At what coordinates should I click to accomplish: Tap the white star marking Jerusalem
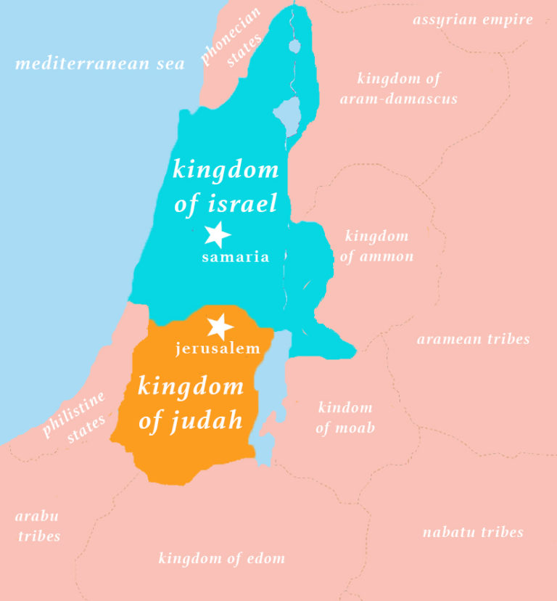[219, 327]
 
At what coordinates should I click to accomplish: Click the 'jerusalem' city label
[218, 349]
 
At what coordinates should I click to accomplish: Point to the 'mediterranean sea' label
[100, 64]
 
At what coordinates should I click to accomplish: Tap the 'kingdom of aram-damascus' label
[398, 89]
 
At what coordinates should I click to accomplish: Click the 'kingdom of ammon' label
[376, 246]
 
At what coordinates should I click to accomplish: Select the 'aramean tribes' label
[473, 339]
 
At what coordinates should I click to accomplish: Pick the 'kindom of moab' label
[345, 417]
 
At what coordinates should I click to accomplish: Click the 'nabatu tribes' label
[473, 532]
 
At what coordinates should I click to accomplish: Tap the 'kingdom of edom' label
[222, 558]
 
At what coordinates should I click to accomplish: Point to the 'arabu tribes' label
[38, 526]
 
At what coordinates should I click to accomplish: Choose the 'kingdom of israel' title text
[226, 186]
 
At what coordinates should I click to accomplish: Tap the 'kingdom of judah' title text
[191, 402]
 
